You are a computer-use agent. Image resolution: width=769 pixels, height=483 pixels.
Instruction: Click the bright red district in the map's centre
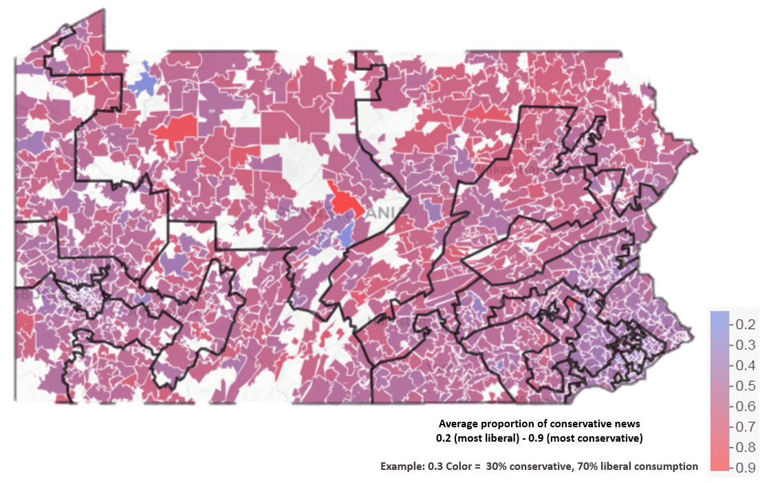342,202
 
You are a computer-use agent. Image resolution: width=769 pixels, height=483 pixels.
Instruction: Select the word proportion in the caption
517,425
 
